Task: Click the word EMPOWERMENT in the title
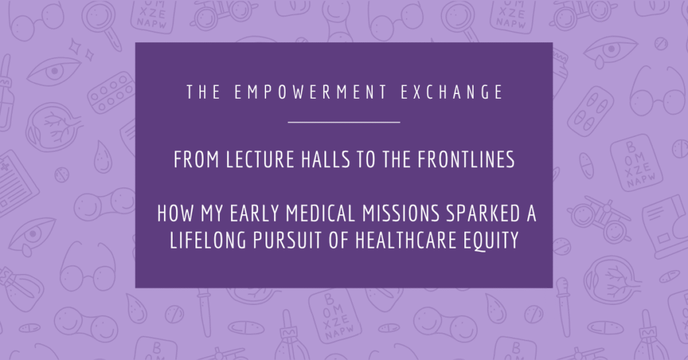310,92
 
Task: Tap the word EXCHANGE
452,92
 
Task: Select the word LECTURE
260,160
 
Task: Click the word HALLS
326,160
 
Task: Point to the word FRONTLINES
466,160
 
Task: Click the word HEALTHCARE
406,240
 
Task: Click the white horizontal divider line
344,122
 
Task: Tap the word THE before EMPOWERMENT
204,92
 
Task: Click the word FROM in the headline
197,160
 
